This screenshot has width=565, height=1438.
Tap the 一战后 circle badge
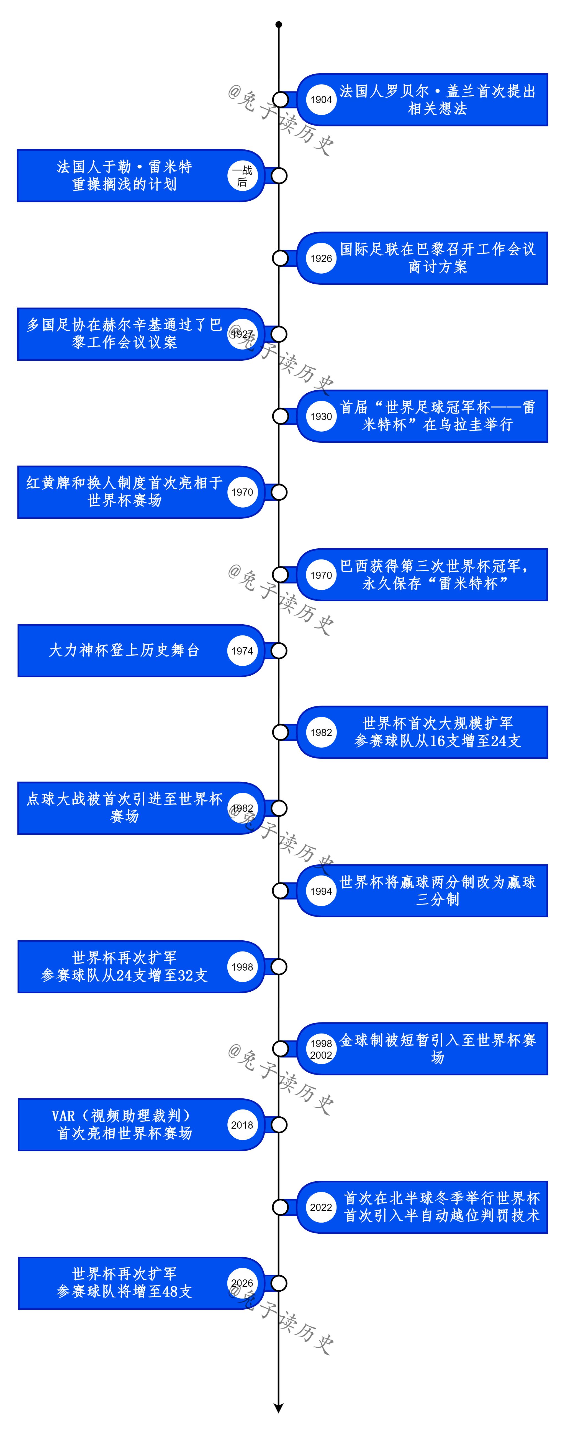[242, 176]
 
